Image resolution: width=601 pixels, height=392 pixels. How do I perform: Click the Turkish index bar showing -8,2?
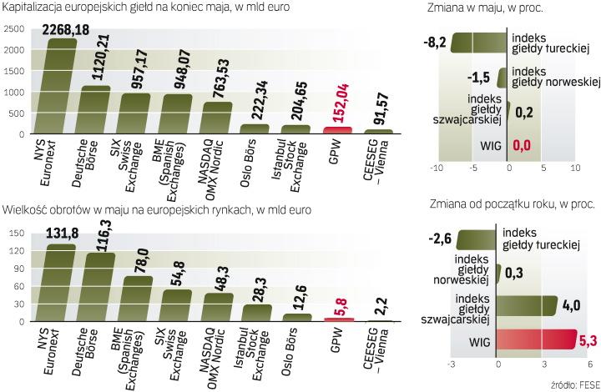479,43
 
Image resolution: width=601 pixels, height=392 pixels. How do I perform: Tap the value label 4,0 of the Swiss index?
571,305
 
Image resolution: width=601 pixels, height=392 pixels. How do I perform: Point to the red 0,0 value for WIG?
522,148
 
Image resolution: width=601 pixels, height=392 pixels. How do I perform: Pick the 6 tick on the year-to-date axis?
588,364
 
